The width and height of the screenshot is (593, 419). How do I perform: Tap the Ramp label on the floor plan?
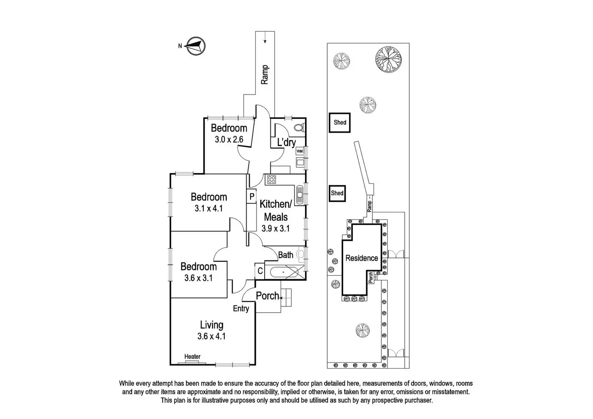(x=265, y=75)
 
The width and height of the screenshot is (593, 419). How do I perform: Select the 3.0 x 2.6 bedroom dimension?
(x=229, y=140)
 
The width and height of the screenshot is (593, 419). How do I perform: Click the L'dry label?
(x=286, y=142)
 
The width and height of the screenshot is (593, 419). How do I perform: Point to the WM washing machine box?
(x=299, y=151)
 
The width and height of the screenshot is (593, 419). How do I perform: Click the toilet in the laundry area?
(x=299, y=128)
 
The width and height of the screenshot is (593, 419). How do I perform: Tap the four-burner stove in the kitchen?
(x=271, y=180)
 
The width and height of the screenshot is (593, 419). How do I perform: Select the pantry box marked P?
(x=252, y=197)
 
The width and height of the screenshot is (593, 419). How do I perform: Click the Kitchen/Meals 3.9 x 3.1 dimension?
(x=276, y=228)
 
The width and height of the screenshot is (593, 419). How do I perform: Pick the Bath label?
(x=286, y=255)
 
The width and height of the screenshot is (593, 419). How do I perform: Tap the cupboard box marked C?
(x=260, y=271)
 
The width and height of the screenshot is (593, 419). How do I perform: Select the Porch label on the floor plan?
(x=267, y=296)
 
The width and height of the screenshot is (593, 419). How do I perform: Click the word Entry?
(x=241, y=309)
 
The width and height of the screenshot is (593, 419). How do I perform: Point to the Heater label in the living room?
(x=192, y=357)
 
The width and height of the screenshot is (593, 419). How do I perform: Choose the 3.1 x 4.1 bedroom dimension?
(x=209, y=209)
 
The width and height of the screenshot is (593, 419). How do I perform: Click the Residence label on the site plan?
(x=362, y=258)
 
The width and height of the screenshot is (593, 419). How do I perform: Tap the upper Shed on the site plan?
(x=340, y=122)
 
